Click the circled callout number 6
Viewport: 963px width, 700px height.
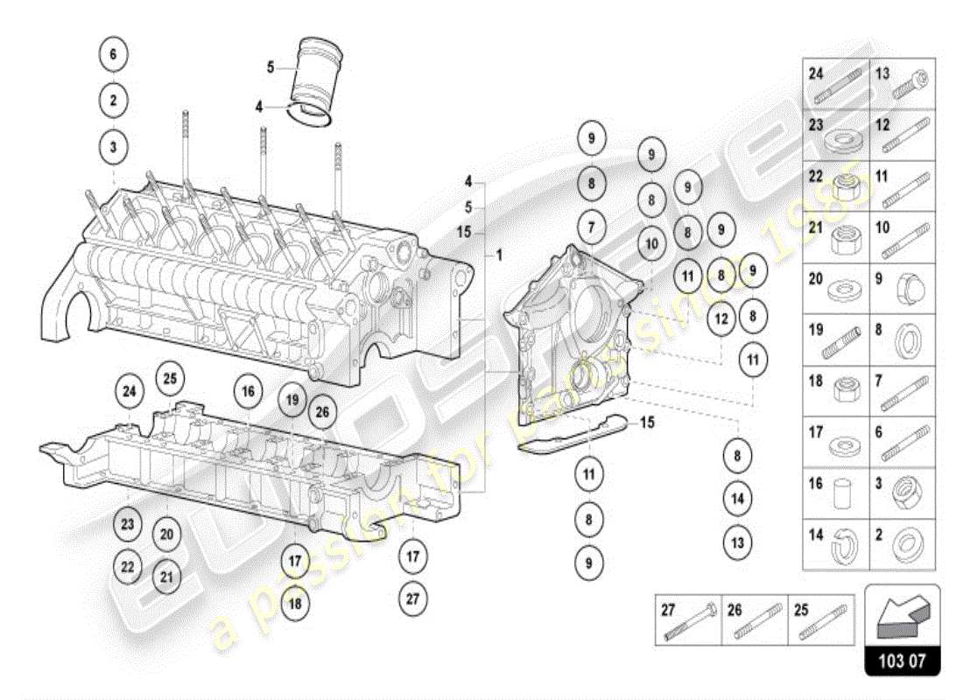click(x=113, y=53)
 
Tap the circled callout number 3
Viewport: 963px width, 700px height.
click(x=113, y=147)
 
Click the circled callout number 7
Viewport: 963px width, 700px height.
click(x=591, y=227)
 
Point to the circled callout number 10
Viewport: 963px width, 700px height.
click(x=650, y=244)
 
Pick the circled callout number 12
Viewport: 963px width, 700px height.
click(x=720, y=319)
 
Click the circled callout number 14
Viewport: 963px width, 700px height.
click(x=737, y=499)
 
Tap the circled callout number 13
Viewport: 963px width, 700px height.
click(x=737, y=542)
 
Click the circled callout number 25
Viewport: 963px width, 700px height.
click(x=170, y=378)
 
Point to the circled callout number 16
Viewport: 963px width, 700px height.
click(x=248, y=391)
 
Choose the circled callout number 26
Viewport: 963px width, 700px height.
click(x=322, y=411)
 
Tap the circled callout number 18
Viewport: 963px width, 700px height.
click(x=295, y=604)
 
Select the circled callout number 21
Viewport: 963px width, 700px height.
click(x=166, y=577)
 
